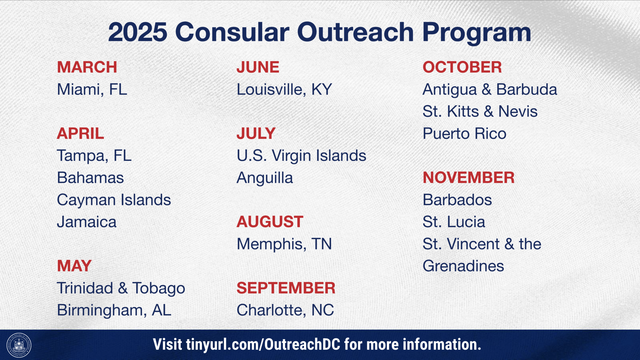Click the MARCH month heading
click(x=87, y=67)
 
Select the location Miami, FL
click(x=92, y=89)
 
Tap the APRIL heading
click(x=80, y=133)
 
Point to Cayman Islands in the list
click(x=114, y=200)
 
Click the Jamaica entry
click(x=87, y=222)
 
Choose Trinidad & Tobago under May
click(x=121, y=288)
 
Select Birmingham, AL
click(x=114, y=310)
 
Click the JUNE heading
click(x=258, y=67)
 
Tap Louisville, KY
click(x=284, y=89)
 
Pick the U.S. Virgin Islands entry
click(x=301, y=156)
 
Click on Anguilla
click(x=265, y=178)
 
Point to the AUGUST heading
click(x=270, y=222)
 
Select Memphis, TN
click(x=284, y=244)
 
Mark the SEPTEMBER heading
click(x=286, y=288)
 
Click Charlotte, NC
click(x=285, y=310)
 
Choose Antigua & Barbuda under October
click(x=490, y=89)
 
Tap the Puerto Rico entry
click(x=464, y=134)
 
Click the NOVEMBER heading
click(x=468, y=178)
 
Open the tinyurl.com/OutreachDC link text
click(x=263, y=344)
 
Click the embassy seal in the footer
click(x=19, y=345)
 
